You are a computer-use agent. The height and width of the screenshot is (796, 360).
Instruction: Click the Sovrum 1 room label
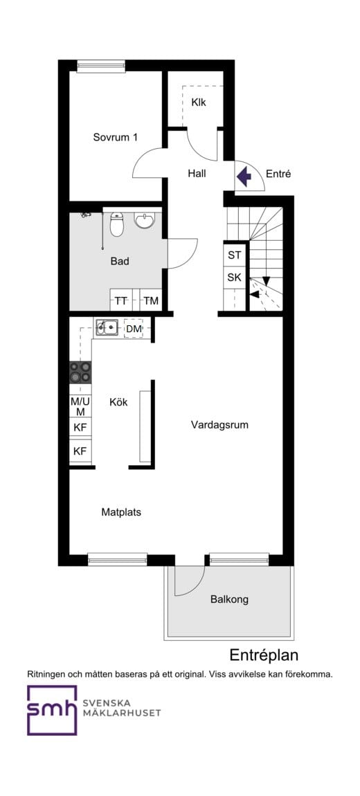(x=115, y=137)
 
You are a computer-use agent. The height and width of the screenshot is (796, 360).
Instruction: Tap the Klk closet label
(x=199, y=102)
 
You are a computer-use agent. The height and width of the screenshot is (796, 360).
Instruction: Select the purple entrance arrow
(x=244, y=177)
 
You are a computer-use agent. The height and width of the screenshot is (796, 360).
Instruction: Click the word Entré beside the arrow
(x=278, y=174)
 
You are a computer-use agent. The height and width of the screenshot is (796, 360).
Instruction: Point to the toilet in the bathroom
(x=117, y=224)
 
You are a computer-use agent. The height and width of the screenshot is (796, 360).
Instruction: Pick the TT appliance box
(x=121, y=300)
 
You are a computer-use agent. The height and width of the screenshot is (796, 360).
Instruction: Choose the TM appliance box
(x=150, y=300)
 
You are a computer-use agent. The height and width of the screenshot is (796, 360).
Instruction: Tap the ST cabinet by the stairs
(x=235, y=255)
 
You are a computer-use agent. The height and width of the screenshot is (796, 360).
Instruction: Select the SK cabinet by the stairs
(x=235, y=278)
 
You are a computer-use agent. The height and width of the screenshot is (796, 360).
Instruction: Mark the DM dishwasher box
(x=134, y=329)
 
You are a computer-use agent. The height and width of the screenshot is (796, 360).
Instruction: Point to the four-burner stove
(x=80, y=372)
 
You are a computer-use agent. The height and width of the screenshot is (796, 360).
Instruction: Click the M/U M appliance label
(x=80, y=405)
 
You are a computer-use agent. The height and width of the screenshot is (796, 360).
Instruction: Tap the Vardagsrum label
(x=220, y=425)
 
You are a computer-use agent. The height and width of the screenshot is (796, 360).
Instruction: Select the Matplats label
(x=121, y=512)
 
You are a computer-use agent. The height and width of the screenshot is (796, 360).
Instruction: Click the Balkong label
(x=230, y=599)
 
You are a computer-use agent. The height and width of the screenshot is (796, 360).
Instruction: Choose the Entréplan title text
(x=264, y=655)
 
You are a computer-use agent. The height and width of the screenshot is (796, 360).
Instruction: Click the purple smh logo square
(x=52, y=710)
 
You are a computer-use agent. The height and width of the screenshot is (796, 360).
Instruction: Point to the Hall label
(x=197, y=174)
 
